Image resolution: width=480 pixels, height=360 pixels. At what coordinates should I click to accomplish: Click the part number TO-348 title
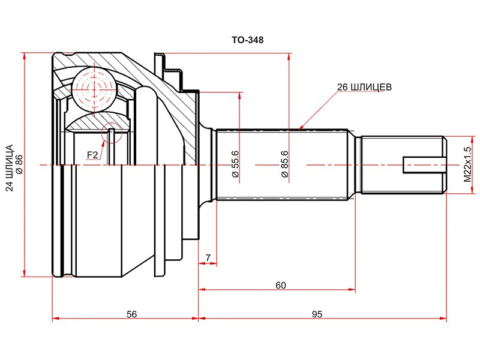point(247,40)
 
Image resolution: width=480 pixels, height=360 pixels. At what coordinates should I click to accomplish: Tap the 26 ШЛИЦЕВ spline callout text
point(364,87)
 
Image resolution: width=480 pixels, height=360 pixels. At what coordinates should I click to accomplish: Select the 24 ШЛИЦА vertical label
point(10,168)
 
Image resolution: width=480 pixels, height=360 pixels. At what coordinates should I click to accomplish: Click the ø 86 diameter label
point(20,164)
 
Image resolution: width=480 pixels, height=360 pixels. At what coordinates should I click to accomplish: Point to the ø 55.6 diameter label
point(235,164)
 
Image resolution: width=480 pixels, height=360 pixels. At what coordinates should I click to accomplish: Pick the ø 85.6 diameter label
point(284,164)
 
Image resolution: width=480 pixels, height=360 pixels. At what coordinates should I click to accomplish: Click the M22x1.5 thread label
point(467,164)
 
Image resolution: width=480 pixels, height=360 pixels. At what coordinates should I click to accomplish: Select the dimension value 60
point(281,286)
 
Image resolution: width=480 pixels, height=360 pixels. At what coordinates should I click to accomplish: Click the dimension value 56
point(132,314)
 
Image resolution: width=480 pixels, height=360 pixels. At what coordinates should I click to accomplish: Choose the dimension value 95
point(317,314)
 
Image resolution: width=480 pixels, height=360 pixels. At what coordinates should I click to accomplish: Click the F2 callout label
point(92,155)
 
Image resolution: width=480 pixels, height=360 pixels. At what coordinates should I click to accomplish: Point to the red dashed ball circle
point(95,89)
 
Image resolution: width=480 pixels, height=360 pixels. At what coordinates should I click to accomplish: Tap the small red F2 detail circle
point(112,133)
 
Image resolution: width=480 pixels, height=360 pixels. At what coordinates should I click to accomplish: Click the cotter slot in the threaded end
point(424,165)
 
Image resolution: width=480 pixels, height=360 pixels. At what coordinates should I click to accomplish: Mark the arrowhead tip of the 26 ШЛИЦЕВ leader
point(299,129)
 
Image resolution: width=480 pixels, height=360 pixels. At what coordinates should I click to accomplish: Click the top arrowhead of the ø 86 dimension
point(25,53)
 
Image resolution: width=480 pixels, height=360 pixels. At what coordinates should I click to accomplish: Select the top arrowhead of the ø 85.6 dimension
point(289,53)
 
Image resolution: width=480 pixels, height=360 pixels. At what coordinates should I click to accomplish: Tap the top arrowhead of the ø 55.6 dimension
point(239,92)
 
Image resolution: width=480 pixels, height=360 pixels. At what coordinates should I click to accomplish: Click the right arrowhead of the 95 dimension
point(446,319)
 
